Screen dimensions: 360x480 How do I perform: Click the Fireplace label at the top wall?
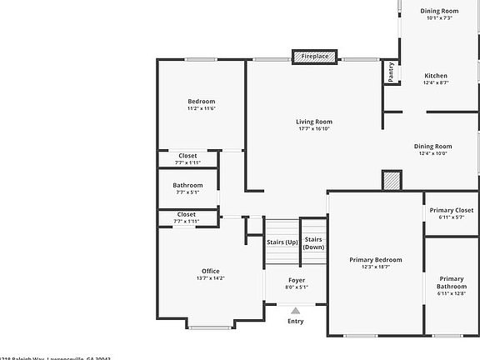315,57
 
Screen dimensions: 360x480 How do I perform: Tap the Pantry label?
390,73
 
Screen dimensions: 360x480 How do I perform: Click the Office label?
210,271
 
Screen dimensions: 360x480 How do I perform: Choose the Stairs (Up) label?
282,242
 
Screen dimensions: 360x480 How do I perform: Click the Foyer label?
296,280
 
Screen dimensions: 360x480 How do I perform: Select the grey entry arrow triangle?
295,311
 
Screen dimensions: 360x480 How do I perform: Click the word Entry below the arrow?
295,321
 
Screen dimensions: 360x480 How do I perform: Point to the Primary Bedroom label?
375,260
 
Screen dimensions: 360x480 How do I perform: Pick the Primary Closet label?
452,210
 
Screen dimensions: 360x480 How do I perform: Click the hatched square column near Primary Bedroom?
391,180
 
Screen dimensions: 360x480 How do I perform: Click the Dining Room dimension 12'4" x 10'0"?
432,153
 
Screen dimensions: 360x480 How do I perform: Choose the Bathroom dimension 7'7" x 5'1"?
187,192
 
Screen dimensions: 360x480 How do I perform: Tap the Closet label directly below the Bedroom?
187,156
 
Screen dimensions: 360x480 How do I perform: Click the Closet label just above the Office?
187,214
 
